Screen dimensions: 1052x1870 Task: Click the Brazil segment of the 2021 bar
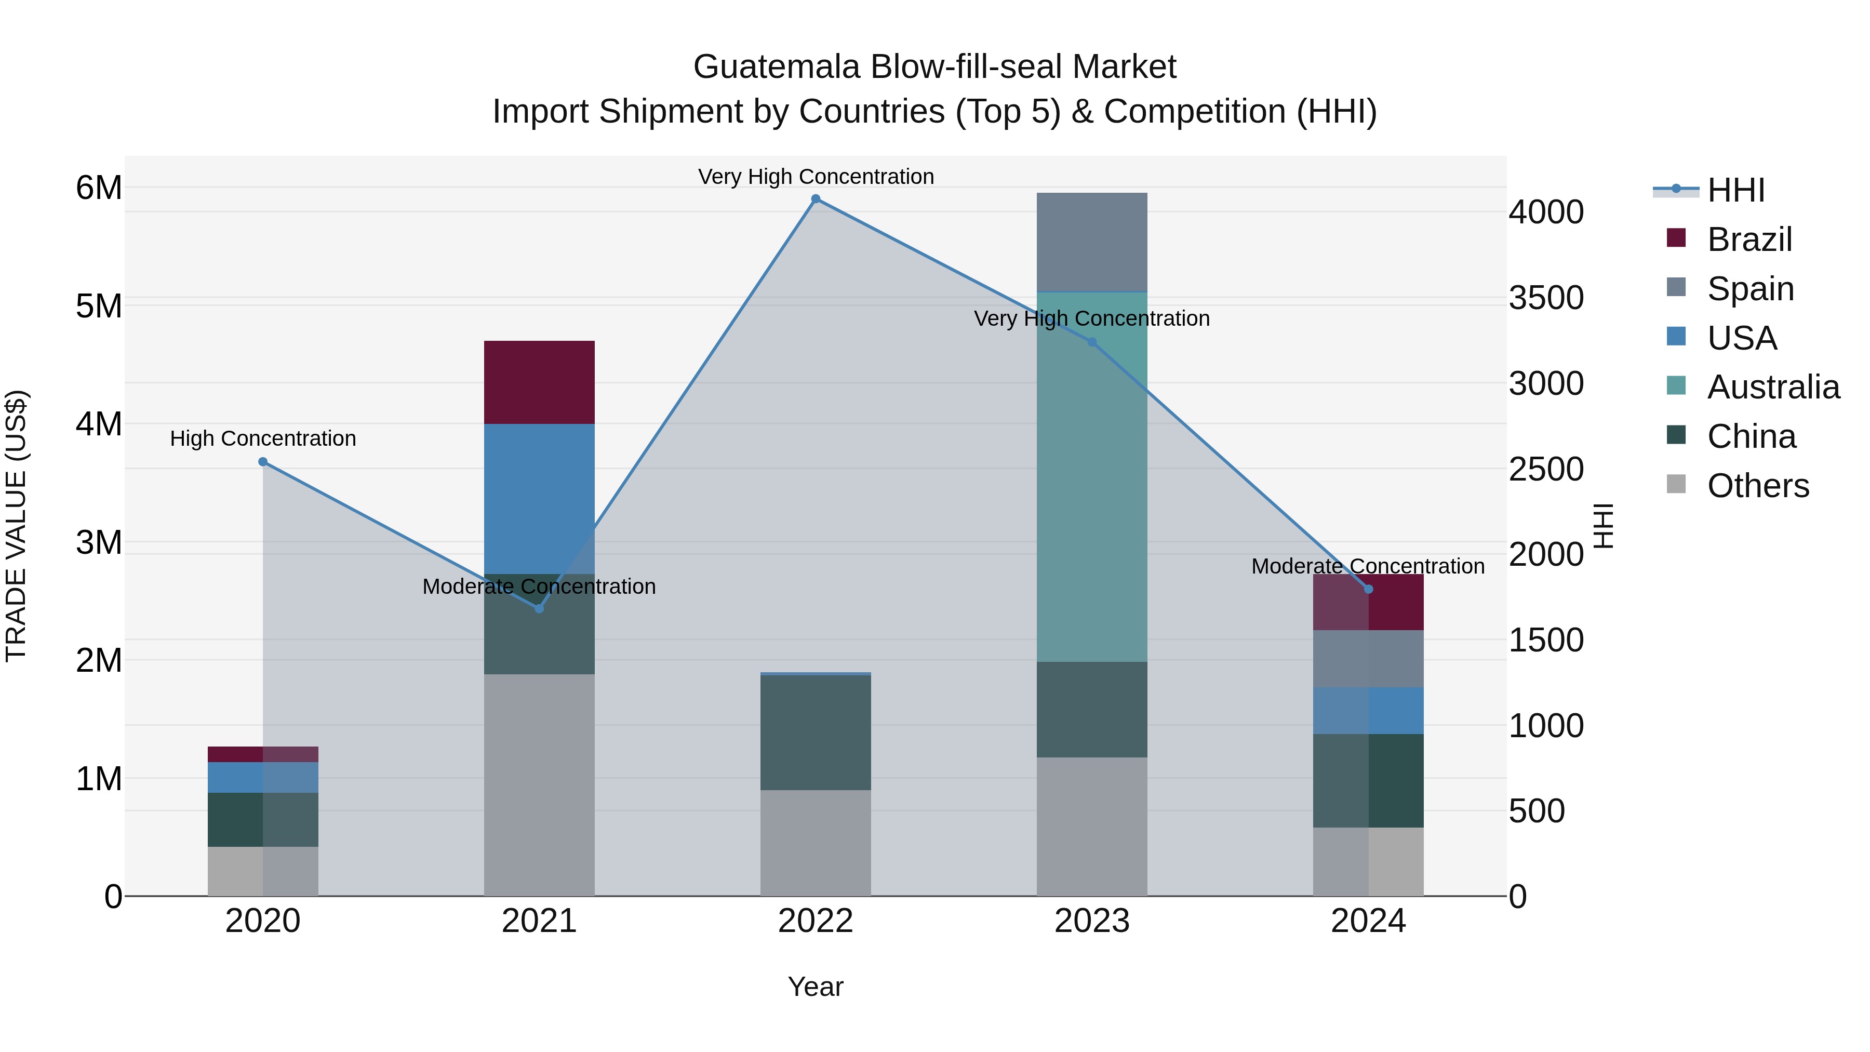pyautogui.click(x=539, y=382)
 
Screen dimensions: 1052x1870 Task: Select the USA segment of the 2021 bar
pyautogui.click(x=539, y=498)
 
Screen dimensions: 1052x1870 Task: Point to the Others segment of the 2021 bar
pyautogui.click(x=539, y=784)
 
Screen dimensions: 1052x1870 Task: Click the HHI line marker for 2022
pyautogui.click(x=815, y=199)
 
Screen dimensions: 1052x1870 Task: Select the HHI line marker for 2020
pyautogui.click(x=263, y=462)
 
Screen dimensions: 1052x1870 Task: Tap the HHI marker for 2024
pyautogui.click(x=1368, y=589)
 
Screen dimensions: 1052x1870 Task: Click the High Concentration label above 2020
pyautogui.click(x=263, y=438)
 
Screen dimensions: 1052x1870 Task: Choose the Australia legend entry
pyautogui.click(x=1773, y=387)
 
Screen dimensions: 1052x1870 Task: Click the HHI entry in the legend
pyautogui.click(x=1735, y=190)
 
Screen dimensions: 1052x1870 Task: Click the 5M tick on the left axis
pyautogui.click(x=99, y=305)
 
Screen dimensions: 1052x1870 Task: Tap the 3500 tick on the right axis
pyautogui.click(x=1545, y=298)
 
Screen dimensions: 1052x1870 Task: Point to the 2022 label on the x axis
pyautogui.click(x=815, y=921)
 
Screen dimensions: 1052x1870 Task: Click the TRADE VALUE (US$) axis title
pyautogui.click(x=16, y=526)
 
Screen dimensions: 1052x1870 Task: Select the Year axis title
pyautogui.click(x=815, y=987)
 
